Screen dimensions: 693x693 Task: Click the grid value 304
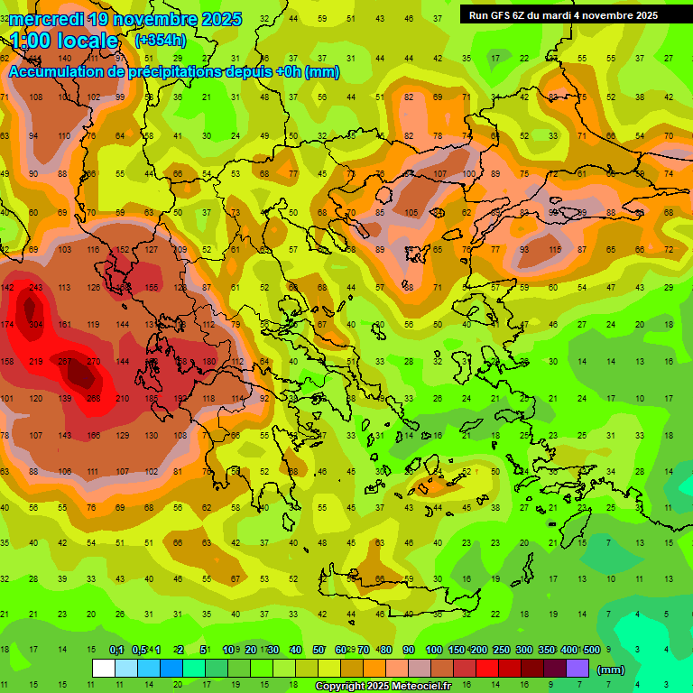pyautogui.click(x=36, y=324)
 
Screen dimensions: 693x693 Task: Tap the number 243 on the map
pyautogui.click(x=36, y=288)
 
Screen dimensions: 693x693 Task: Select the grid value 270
pyautogui.click(x=93, y=361)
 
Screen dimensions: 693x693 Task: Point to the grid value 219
pyautogui.click(x=36, y=361)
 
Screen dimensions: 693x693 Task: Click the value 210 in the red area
pyautogui.click(x=123, y=398)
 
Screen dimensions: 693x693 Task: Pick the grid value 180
pyautogui.click(x=209, y=361)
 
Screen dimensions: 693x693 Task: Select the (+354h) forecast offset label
pyautogui.click(x=161, y=41)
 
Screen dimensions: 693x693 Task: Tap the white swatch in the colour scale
pyautogui.click(x=104, y=669)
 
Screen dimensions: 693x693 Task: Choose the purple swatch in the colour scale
pyautogui.click(x=577, y=669)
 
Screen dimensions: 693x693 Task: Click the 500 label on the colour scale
pyautogui.click(x=591, y=650)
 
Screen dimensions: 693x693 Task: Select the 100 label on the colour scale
pyautogui.click(x=433, y=650)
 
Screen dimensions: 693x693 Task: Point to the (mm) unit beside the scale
pyautogui.click(x=611, y=670)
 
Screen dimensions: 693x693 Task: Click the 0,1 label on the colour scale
pyautogui.click(x=116, y=650)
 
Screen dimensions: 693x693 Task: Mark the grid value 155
pyautogui.click(x=152, y=288)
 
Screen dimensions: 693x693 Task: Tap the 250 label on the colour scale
pyautogui.click(x=501, y=650)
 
